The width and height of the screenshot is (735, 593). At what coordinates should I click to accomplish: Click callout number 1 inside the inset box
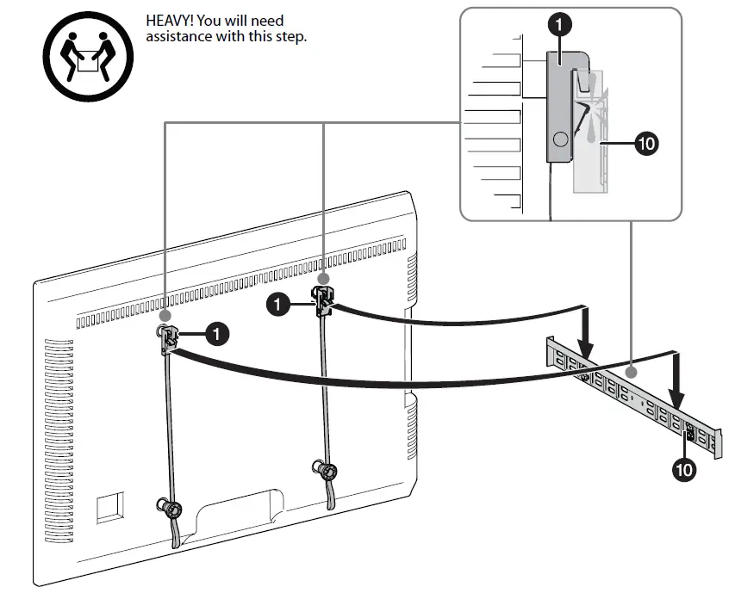pyautogui.click(x=559, y=25)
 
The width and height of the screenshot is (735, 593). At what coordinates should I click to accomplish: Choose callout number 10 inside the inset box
pyautogui.click(x=645, y=143)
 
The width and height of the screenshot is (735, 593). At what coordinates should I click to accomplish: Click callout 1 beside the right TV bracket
pyautogui.click(x=278, y=303)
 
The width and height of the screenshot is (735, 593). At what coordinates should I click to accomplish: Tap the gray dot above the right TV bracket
pyautogui.click(x=323, y=279)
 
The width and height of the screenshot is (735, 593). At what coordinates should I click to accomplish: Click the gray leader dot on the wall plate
pyautogui.click(x=633, y=372)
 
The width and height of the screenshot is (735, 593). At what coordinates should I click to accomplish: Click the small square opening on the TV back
pyautogui.click(x=109, y=506)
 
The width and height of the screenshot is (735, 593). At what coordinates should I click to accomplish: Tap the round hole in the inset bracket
pyautogui.click(x=559, y=138)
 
